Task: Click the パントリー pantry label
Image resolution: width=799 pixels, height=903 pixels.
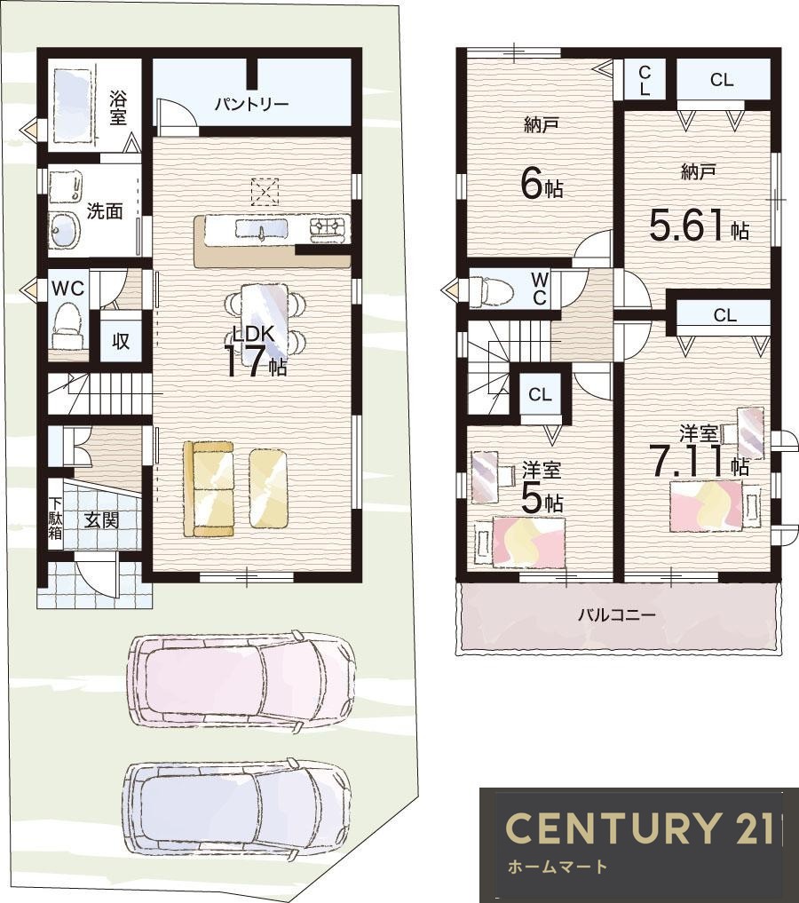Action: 251,105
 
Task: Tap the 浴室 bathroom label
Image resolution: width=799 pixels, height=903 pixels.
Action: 118,107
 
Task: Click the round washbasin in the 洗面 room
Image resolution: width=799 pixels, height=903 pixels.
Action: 63,230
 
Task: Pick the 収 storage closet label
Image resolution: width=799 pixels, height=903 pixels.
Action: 121,341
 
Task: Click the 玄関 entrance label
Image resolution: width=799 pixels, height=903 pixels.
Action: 102,520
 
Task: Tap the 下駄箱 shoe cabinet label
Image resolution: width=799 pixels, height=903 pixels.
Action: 55,518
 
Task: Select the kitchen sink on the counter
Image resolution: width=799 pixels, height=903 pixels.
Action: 261,229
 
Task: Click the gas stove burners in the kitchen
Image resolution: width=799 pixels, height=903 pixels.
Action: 330,229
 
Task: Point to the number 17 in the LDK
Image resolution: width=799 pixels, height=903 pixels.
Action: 244,361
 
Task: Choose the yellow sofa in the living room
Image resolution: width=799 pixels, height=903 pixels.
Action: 209,489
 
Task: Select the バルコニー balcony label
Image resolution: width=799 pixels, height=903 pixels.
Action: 616,615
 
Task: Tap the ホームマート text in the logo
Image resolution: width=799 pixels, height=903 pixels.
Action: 558,866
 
